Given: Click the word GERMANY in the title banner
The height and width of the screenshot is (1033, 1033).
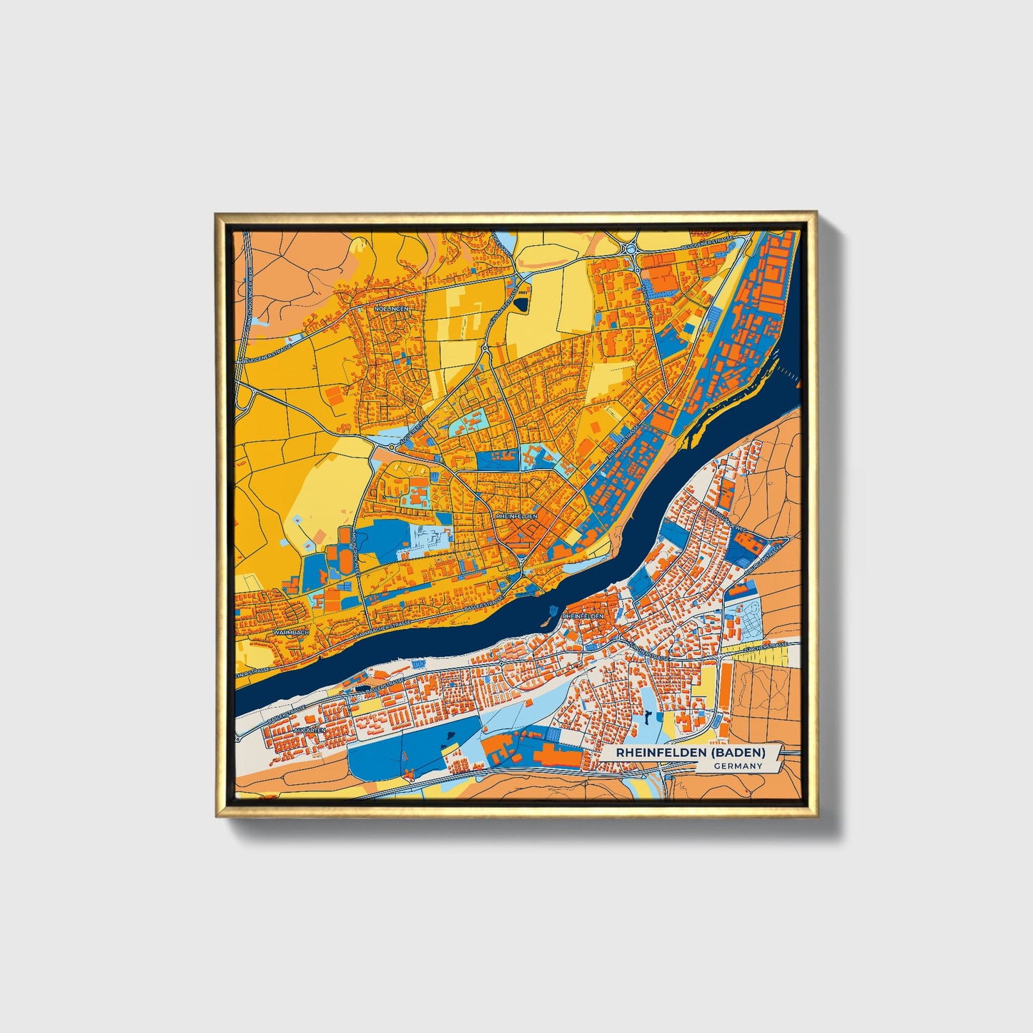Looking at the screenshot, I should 737,766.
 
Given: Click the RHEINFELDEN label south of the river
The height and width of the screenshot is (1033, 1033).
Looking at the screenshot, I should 583,616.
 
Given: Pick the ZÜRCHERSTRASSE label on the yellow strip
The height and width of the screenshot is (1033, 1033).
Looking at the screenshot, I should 766,648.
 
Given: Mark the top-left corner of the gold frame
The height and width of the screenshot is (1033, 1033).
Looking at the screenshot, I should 216,214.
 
